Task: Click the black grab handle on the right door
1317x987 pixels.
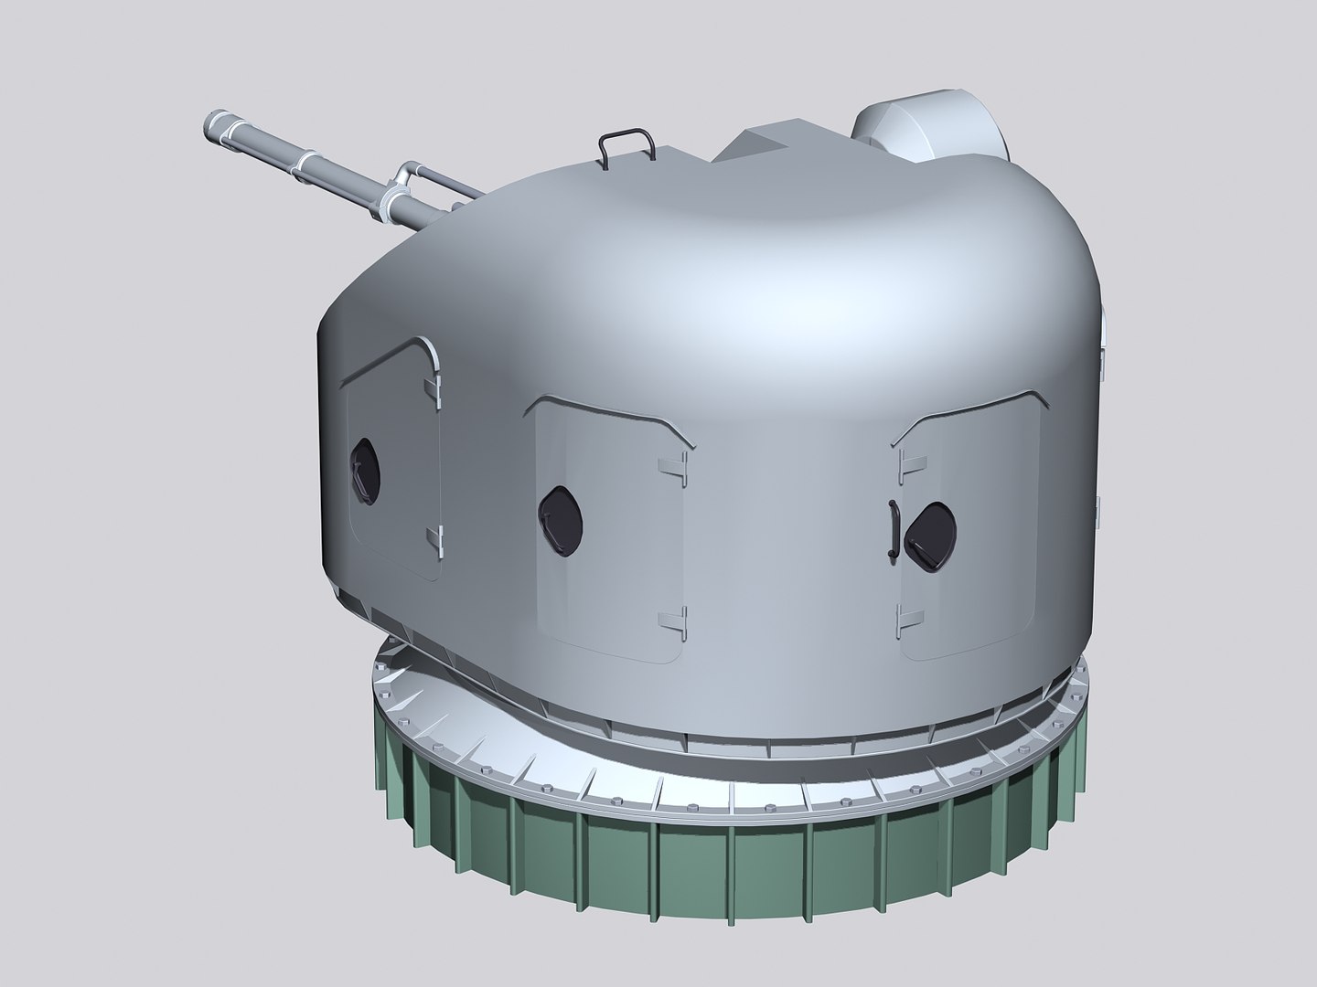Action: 891,530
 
